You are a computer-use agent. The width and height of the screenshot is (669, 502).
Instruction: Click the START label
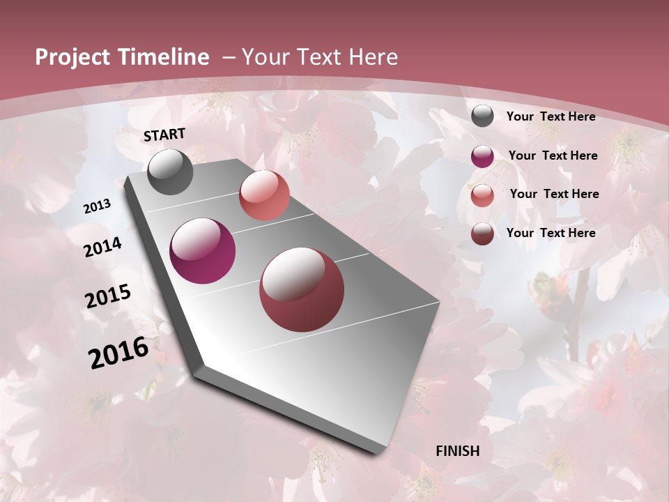click(164, 135)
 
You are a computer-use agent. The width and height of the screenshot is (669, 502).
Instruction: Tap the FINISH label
click(458, 451)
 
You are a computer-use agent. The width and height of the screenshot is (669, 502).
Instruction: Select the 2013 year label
click(98, 206)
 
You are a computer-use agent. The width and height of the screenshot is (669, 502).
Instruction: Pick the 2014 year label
click(102, 247)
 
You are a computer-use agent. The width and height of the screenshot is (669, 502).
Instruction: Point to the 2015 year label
click(108, 296)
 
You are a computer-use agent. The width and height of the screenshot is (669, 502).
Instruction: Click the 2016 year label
click(118, 353)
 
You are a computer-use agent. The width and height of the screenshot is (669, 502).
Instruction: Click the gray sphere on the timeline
click(170, 172)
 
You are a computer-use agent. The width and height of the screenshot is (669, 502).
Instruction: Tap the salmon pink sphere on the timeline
click(264, 195)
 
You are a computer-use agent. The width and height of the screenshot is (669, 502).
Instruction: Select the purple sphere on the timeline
click(202, 251)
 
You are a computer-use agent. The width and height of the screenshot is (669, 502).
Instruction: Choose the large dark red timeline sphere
click(302, 289)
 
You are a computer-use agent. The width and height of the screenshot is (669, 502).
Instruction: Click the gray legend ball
click(482, 116)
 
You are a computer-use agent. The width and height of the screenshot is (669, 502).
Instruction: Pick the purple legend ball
click(482, 156)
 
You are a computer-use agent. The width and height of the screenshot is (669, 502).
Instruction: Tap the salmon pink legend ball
click(482, 195)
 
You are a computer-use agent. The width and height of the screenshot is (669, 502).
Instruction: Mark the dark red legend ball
click(482, 234)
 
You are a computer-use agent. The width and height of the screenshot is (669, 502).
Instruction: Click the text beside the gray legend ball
click(551, 116)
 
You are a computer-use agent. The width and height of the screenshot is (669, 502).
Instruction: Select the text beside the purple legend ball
click(553, 155)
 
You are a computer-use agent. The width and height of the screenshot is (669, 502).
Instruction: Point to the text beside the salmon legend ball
click(554, 194)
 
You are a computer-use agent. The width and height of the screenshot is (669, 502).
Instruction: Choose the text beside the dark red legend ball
click(551, 233)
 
